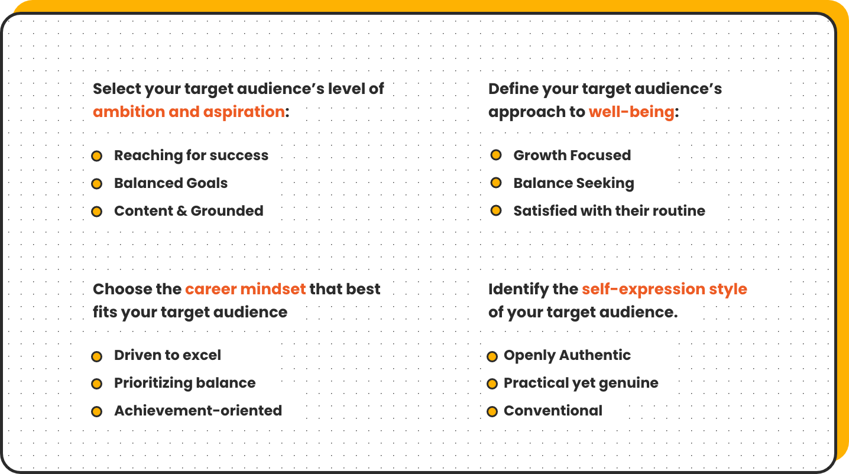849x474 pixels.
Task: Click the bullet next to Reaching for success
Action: [x=96, y=156]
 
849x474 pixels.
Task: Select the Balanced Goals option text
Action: [x=171, y=183]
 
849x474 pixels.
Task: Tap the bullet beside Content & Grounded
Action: [x=96, y=212]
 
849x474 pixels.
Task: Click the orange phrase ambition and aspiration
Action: [x=189, y=112]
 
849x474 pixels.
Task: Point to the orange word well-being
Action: [x=631, y=112]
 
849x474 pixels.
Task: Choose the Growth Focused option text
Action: [x=572, y=155]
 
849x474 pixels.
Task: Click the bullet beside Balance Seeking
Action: [x=496, y=183]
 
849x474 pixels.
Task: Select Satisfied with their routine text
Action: [x=609, y=210]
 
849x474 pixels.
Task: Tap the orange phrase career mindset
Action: [x=245, y=289]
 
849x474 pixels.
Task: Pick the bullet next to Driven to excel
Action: [x=96, y=356]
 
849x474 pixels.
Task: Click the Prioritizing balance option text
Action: [x=185, y=383]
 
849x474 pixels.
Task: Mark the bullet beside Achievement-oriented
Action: [x=96, y=412]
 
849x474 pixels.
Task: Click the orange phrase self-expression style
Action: [x=665, y=290]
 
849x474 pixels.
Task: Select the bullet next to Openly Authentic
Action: [x=492, y=356]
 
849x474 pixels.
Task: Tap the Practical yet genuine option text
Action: [x=581, y=384]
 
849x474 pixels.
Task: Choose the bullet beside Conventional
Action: [x=492, y=412]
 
